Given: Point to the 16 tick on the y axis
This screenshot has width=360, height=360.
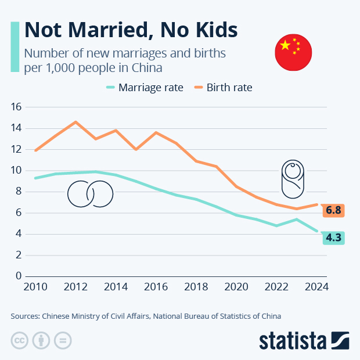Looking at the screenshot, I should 16,107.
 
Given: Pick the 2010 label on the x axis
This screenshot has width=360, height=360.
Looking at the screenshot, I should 36,287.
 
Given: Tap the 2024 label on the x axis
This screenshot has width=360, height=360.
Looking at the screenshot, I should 317,287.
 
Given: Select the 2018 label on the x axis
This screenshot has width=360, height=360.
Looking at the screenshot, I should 196,287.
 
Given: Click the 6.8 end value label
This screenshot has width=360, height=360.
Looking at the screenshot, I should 333,210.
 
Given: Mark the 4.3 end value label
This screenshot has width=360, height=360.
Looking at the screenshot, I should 333,237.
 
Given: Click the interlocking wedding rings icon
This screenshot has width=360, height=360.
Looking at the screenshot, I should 90,193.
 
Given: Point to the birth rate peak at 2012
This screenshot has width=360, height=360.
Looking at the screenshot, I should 75,122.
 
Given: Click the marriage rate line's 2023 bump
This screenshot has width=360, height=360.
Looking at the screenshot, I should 297,219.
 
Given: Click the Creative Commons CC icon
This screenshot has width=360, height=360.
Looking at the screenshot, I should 20,340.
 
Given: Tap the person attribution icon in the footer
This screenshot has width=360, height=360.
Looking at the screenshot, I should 41,340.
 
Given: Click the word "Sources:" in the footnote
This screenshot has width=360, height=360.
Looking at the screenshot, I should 24,316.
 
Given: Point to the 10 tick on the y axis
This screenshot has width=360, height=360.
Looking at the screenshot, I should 16,170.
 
